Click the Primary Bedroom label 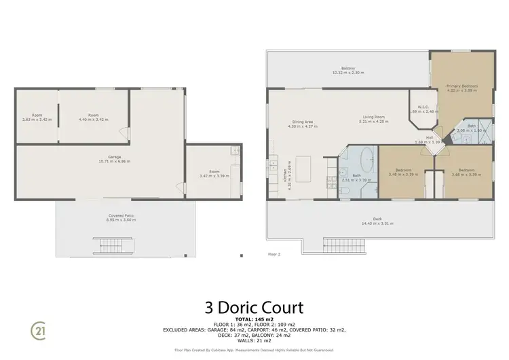[461, 86]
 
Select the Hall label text [429, 139]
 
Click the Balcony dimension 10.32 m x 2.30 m [348, 72]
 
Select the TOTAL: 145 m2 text [254, 319]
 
